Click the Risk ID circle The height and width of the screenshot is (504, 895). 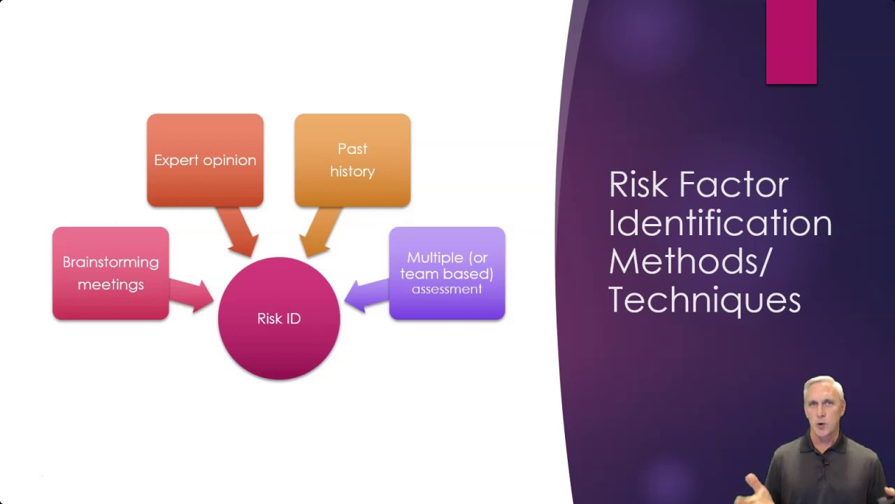click(x=279, y=318)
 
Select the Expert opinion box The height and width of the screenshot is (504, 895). click(x=205, y=160)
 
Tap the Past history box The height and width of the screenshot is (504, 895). click(x=352, y=160)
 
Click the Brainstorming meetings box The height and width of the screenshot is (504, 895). click(x=110, y=273)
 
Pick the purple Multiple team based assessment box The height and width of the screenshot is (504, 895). click(x=447, y=273)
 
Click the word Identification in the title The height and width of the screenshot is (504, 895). click(x=720, y=223)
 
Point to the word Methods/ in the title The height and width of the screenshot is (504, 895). click(x=689, y=261)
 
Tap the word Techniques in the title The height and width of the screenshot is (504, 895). click(x=705, y=300)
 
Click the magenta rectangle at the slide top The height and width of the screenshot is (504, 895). click(x=791, y=42)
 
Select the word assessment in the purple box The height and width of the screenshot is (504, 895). click(x=447, y=289)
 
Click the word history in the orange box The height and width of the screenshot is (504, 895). click(x=352, y=171)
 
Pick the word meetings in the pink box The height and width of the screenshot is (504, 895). click(x=110, y=284)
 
